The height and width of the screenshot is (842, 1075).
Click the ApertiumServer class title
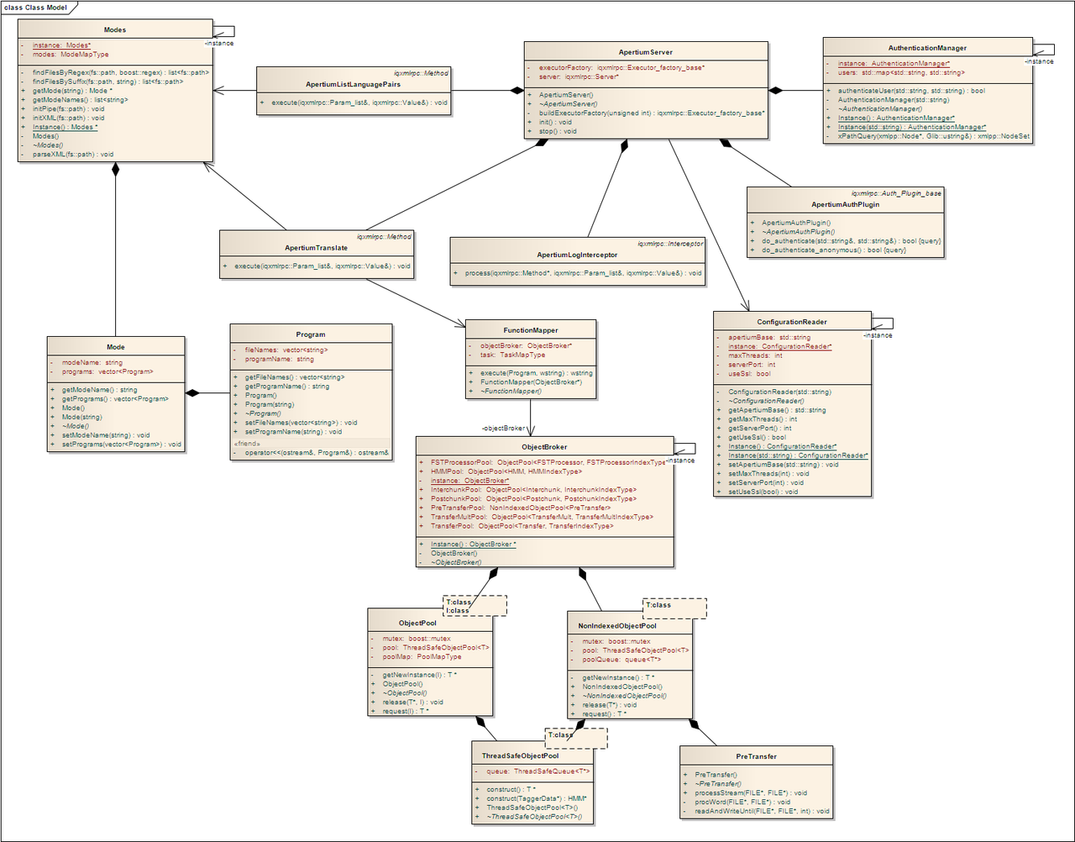[646, 52]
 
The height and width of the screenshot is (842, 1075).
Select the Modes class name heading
[115, 29]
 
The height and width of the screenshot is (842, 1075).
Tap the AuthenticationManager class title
[927, 48]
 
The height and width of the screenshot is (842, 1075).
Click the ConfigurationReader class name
[791, 322]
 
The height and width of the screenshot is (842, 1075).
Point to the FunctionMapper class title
[531, 330]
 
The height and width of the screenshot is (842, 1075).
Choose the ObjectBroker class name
[544, 447]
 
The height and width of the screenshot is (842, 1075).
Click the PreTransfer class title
[756, 756]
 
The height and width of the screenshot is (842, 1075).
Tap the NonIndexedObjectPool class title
[617, 625]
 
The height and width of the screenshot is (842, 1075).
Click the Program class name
[311, 334]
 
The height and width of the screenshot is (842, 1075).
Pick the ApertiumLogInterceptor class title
[577, 255]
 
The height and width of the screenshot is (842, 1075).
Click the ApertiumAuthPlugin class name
[845, 204]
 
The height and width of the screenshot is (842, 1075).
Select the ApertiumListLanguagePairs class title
[353, 85]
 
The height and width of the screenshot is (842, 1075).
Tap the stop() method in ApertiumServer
[558, 131]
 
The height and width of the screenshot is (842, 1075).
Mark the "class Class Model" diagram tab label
[35, 8]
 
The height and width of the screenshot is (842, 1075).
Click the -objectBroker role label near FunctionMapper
[504, 429]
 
